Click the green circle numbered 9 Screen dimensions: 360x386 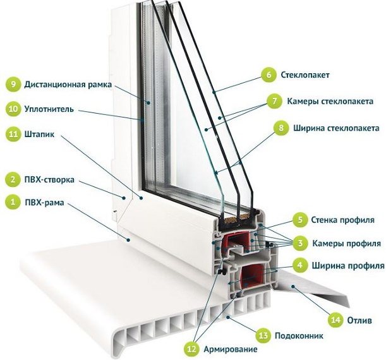point(13,84)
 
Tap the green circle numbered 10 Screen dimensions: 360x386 point(13,109)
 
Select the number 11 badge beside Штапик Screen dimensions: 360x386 point(13,134)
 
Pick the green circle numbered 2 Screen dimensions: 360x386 point(13,179)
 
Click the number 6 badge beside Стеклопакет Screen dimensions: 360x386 point(268,75)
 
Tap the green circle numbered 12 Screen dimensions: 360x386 point(191,349)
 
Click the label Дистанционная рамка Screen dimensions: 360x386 point(68,84)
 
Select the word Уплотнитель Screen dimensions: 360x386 point(49,109)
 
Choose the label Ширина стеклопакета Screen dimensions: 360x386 point(335,128)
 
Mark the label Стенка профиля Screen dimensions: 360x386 point(343,220)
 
